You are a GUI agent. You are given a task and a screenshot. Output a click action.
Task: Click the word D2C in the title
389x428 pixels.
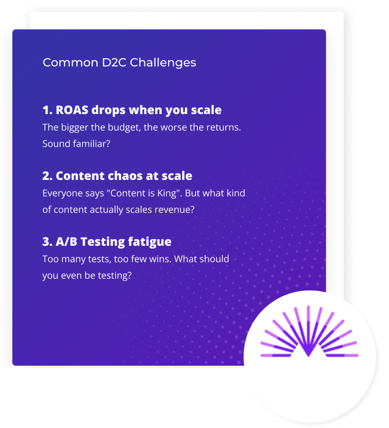[114, 62]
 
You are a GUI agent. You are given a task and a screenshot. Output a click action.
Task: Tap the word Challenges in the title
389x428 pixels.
[163, 63]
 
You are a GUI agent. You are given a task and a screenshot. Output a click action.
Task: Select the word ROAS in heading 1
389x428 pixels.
[72, 110]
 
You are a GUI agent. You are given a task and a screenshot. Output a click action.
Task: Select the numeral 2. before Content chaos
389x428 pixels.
[48, 176]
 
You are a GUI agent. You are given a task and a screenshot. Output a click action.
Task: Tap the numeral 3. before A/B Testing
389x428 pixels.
[48, 242]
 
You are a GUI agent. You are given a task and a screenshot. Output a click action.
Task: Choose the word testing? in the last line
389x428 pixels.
[115, 276]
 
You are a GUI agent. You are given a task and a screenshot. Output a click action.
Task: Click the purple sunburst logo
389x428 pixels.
[309, 332]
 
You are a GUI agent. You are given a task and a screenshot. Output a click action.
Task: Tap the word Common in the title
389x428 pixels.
[71, 62]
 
